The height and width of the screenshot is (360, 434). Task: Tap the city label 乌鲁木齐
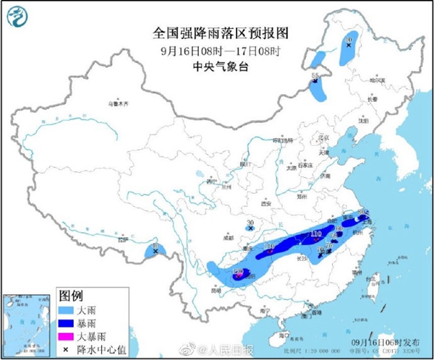pyautogui.click(x=117, y=105)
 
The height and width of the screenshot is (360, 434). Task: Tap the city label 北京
pyautogui.click(x=324, y=137)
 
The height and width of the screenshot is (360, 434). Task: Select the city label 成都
pyautogui.click(x=229, y=236)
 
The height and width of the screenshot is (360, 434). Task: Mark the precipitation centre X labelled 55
pyautogui.click(x=316, y=84)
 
